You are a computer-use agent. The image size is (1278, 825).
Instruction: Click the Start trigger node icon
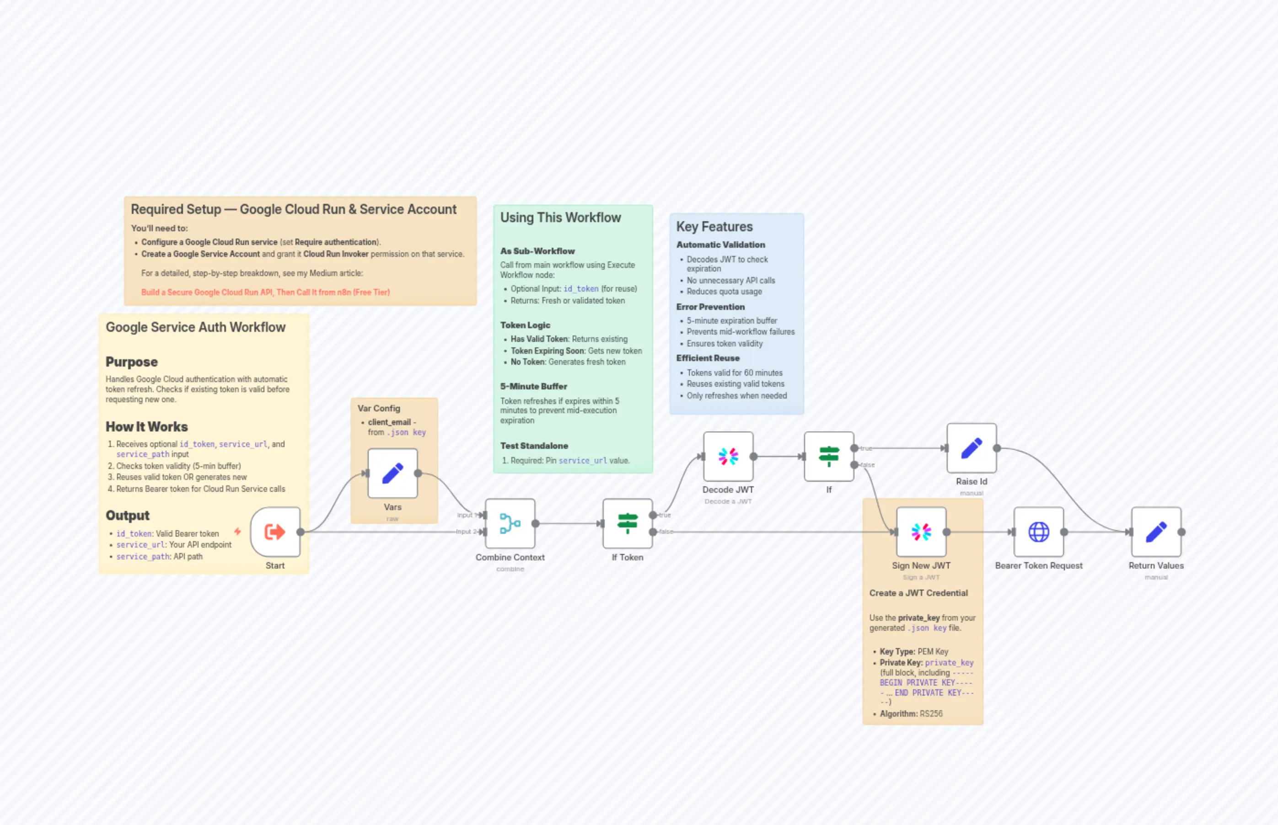point(275,532)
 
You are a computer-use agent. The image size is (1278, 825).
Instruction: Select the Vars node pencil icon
point(392,474)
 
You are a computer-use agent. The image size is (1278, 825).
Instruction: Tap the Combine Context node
point(510,523)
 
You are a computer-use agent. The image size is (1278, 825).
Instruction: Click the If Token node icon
point(627,523)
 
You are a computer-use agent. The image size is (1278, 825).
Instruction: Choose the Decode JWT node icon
point(728,457)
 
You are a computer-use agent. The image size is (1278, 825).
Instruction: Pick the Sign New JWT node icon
point(921,532)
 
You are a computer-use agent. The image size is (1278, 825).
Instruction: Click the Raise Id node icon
point(972,448)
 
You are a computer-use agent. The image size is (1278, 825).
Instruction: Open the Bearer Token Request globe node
point(1038,532)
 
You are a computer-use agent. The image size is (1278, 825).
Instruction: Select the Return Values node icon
point(1156,532)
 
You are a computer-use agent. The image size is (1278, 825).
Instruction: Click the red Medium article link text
point(265,293)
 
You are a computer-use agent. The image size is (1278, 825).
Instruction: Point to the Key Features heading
point(714,227)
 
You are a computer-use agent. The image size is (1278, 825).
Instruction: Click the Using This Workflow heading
point(560,218)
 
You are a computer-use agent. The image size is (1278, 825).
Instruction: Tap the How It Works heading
point(146,427)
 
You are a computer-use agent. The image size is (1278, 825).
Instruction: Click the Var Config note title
point(378,408)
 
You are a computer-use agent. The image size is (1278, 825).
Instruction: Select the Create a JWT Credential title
point(918,593)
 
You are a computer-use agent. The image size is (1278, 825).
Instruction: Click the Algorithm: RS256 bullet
point(911,713)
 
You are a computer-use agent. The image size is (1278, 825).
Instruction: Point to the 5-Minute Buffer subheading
point(533,386)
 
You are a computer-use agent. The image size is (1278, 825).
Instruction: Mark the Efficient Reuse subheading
point(708,358)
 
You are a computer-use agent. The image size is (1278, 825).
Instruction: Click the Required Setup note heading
point(293,209)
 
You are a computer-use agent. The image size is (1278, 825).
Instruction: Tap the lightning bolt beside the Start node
point(237,532)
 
